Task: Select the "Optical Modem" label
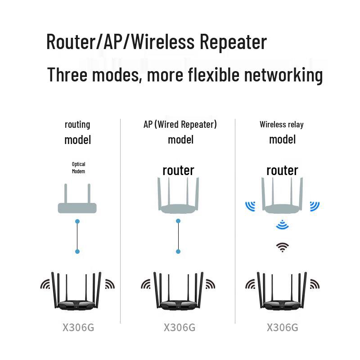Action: click(x=78, y=168)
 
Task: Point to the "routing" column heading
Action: click(x=77, y=124)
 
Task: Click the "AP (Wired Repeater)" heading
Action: click(x=180, y=124)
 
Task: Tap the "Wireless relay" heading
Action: click(x=282, y=124)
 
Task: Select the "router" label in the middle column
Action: click(x=178, y=171)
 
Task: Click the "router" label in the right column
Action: click(x=282, y=171)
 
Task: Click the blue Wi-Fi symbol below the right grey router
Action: click(x=282, y=225)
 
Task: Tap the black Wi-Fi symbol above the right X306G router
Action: click(x=282, y=247)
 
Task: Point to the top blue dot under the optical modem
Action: click(x=77, y=221)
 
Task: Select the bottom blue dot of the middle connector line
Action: click(x=178, y=252)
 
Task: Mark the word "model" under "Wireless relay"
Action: click(x=282, y=139)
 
